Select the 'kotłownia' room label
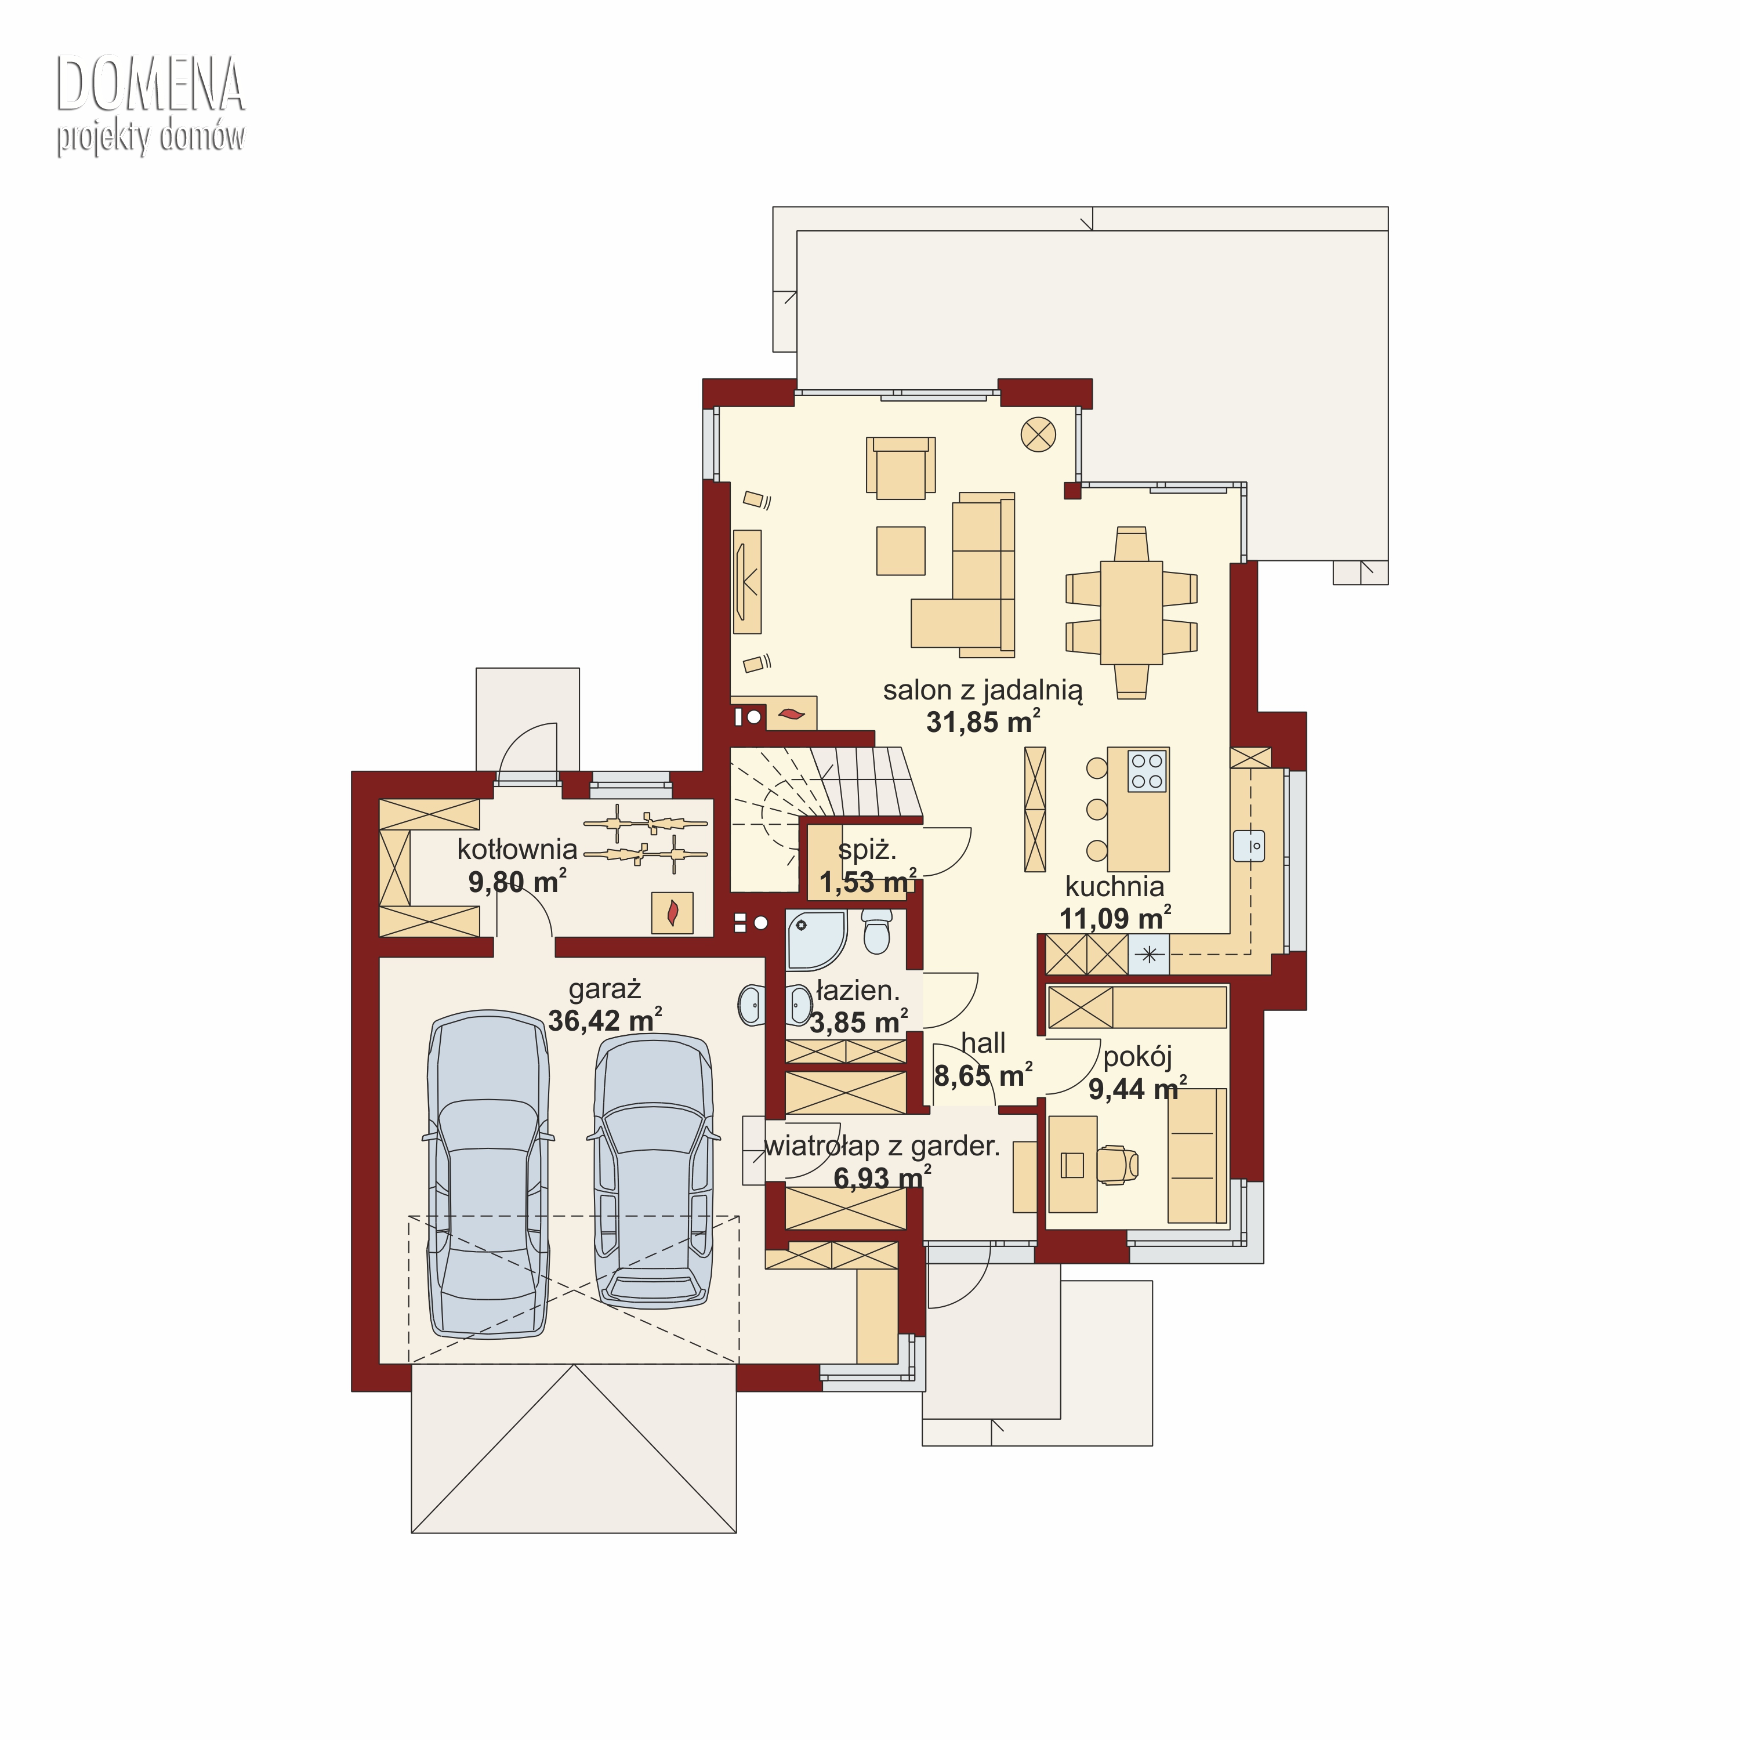pos(517,849)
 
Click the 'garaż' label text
pos(604,990)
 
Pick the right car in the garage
pos(654,1171)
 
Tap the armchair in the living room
pos(901,467)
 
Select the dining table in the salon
pos(1131,612)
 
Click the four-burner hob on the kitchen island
pos(1147,771)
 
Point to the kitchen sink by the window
pos(1249,846)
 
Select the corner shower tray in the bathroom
pos(816,940)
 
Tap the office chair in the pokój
pos(1116,1165)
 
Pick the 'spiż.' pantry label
pos(867,849)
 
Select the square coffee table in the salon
pos(901,550)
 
